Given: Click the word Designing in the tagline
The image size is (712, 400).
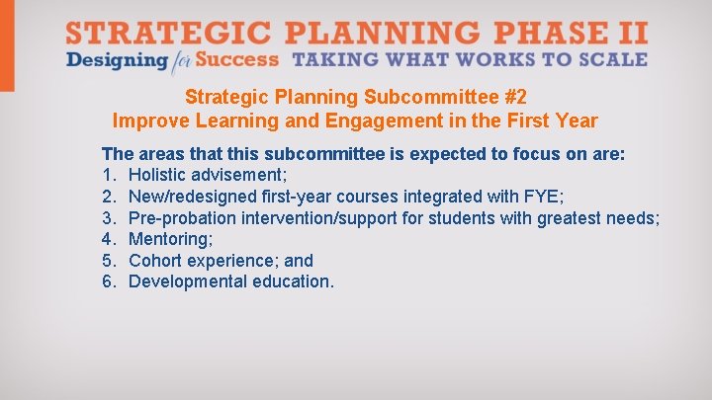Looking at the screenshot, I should click(x=116, y=60).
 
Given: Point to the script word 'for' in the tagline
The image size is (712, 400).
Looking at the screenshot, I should click(x=179, y=61).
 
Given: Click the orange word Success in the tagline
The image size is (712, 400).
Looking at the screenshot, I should click(x=237, y=59).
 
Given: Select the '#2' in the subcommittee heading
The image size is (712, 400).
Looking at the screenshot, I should click(x=514, y=98).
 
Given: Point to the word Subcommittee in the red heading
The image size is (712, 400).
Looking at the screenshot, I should click(x=431, y=98).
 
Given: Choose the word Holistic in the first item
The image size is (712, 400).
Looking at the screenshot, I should click(x=159, y=176).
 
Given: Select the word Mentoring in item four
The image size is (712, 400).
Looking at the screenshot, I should click(x=168, y=239).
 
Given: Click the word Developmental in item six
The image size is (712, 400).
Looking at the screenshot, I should click(x=189, y=281).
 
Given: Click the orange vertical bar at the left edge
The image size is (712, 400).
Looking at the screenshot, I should click(x=7, y=45).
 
